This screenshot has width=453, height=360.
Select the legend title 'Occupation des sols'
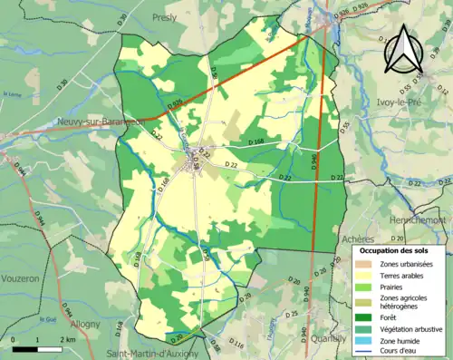(x=395, y=249)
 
